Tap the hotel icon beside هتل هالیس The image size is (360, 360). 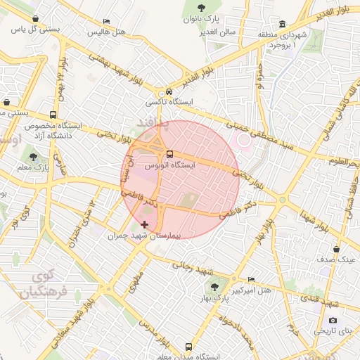coord(106,22)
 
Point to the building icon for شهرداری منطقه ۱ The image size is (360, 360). coord(283,23)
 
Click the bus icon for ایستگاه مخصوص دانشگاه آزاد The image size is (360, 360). coord(53,115)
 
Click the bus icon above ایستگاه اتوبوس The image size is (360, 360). coord(169,155)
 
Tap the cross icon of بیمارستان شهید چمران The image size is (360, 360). coord(145,224)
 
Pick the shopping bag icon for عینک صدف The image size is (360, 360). coord(337,249)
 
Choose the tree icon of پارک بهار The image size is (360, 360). coord(214,287)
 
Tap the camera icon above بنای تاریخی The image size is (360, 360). coord(333,320)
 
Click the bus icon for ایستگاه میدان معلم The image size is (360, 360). coord(188,346)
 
